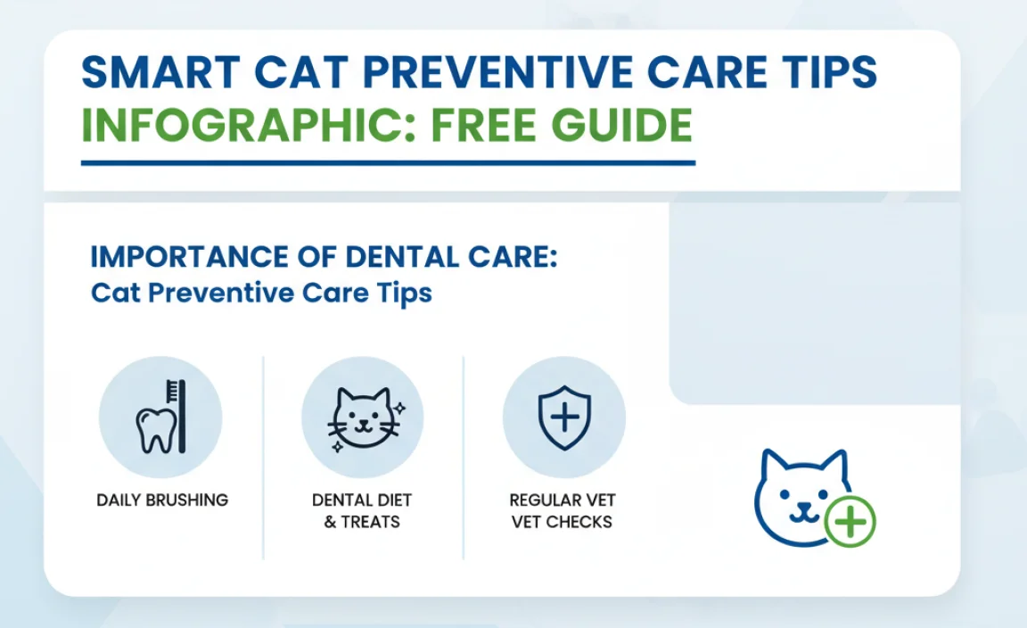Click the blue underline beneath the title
pos(388,163)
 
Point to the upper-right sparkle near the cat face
pos(400,408)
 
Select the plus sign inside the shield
pos(563,417)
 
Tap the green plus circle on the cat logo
pos(850,521)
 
